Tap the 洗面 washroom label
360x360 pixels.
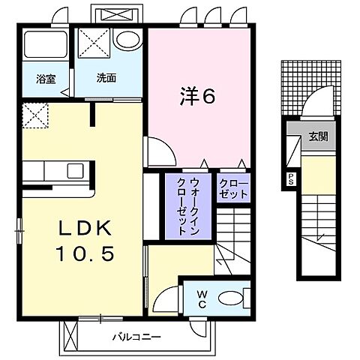click(105, 77)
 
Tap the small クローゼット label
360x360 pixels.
click(232, 188)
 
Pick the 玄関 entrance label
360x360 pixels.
click(316, 136)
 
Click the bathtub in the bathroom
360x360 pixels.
click(44, 48)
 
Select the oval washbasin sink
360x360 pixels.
click(129, 40)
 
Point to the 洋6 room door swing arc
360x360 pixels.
click(156, 150)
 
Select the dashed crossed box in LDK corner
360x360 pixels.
click(34, 116)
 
